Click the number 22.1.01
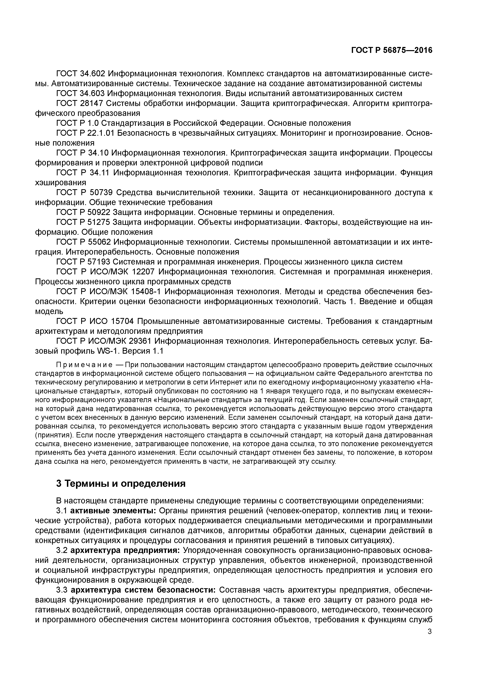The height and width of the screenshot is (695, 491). click(99, 133)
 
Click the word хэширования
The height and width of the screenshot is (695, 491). click(61, 182)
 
